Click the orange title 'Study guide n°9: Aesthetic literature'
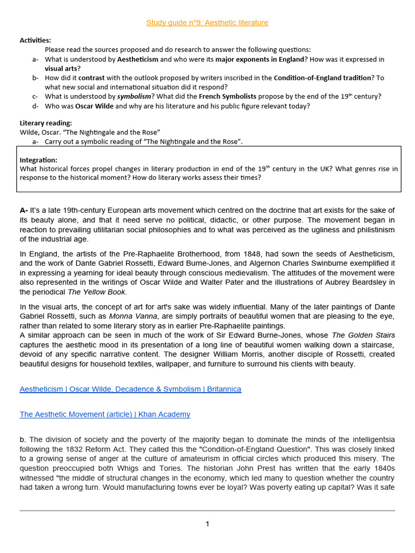tap(207, 23)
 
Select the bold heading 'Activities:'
tap(36, 41)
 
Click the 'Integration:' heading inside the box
tap(38, 160)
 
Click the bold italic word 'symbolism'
tap(135, 96)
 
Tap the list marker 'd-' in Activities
tap(35, 106)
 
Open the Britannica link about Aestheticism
tap(130, 389)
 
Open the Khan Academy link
tap(105, 414)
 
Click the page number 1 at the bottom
tap(207, 524)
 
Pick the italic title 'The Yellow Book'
tap(97, 292)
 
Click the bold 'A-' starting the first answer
tap(24, 210)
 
